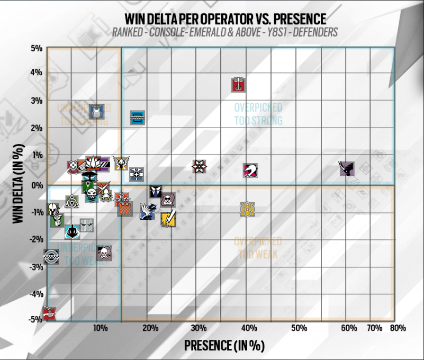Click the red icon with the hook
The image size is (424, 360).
(240, 85)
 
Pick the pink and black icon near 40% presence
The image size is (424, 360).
(250, 170)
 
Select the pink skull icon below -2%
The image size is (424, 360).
(104, 253)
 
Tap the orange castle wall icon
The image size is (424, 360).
(124, 208)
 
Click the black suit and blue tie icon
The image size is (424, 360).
(155, 192)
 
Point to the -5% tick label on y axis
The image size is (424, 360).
(35, 320)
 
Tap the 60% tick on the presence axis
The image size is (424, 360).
(349, 328)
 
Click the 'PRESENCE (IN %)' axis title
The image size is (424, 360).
(224, 345)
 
